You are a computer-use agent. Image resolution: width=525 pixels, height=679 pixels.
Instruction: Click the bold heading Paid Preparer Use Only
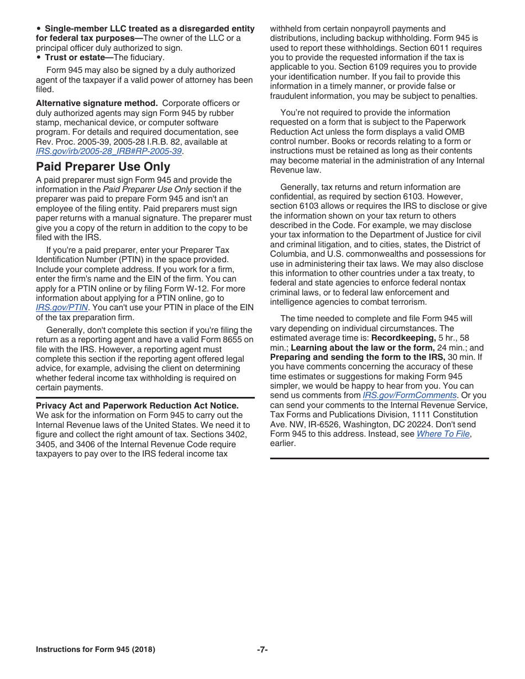(x=103, y=167)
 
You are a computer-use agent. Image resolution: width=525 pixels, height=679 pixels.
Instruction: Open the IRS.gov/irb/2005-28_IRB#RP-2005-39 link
(x=109, y=151)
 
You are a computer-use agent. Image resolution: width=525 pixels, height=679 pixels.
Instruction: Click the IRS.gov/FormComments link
(x=410, y=395)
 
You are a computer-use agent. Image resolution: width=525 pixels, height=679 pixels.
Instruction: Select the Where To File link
(x=443, y=434)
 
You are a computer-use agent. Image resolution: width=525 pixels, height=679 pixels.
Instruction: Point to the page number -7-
(x=262, y=650)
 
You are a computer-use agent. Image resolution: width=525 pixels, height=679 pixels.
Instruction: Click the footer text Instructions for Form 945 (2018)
(x=95, y=650)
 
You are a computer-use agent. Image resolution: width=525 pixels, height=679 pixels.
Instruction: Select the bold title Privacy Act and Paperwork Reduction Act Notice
(x=137, y=406)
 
